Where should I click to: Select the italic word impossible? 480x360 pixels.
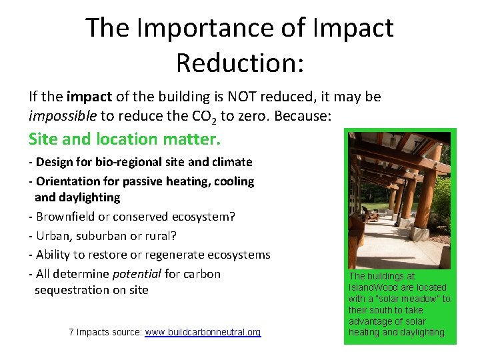[x=63, y=116]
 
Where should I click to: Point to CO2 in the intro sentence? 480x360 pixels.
[x=197, y=117]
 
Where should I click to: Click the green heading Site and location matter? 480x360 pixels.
[x=124, y=139]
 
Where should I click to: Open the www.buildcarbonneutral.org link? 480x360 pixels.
[x=203, y=332]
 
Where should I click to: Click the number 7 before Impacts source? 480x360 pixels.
[x=71, y=332]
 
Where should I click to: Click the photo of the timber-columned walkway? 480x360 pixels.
[x=399, y=200]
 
